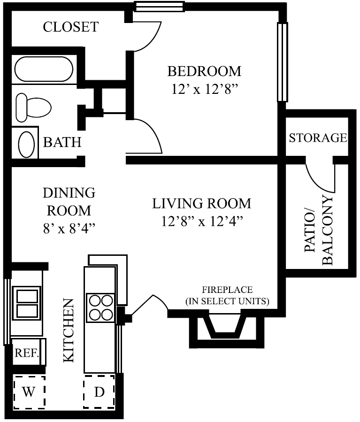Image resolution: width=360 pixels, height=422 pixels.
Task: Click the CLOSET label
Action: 71,27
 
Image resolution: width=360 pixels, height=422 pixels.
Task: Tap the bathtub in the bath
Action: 44,69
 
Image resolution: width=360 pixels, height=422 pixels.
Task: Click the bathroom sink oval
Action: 26,143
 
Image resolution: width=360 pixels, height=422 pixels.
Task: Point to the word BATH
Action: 62,142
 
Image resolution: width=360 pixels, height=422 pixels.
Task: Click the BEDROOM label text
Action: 204,71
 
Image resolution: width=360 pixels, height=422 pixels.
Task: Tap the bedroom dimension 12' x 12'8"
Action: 204,89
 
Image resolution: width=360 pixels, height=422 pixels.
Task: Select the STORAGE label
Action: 318,138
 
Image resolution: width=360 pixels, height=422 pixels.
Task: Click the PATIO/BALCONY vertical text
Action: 319,230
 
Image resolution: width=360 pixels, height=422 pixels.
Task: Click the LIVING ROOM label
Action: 201,204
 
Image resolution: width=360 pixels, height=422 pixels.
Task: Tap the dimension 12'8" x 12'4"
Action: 201,221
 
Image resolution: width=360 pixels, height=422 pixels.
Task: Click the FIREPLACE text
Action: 227,289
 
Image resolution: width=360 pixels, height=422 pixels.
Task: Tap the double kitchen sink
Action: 27,303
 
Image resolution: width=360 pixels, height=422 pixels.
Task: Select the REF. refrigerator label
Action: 27,353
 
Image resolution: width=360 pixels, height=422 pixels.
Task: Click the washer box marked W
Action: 29,392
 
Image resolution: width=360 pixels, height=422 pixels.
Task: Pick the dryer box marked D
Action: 99,392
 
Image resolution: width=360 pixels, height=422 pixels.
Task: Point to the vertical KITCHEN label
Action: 69,330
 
